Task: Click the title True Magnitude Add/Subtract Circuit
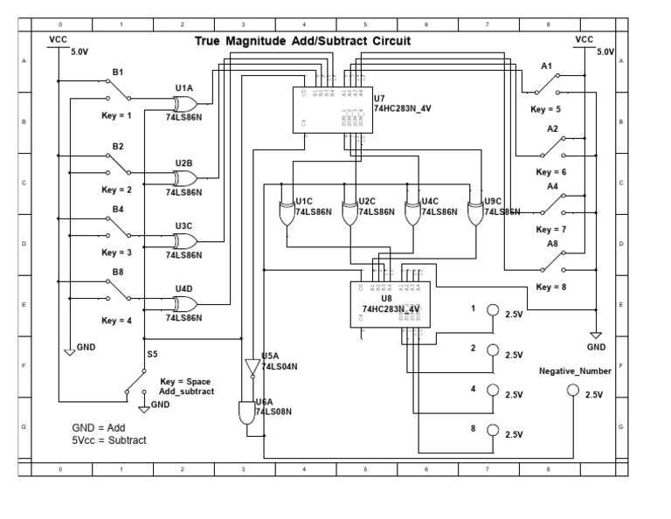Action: click(x=301, y=41)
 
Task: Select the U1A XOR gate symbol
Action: click(x=183, y=101)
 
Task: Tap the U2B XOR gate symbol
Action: click(x=183, y=177)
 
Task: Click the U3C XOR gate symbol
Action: click(x=183, y=239)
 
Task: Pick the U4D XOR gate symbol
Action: click(x=183, y=303)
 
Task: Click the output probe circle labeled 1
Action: click(x=493, y=310)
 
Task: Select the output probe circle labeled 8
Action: click(x=493, y=429)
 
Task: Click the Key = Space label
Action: click(x=186, y=383)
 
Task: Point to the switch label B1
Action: click(x=117, y=72)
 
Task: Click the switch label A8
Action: click(x=553, y=244)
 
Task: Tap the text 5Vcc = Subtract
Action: click(x=109, y=439)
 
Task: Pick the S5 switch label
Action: click(x=153, y=354)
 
